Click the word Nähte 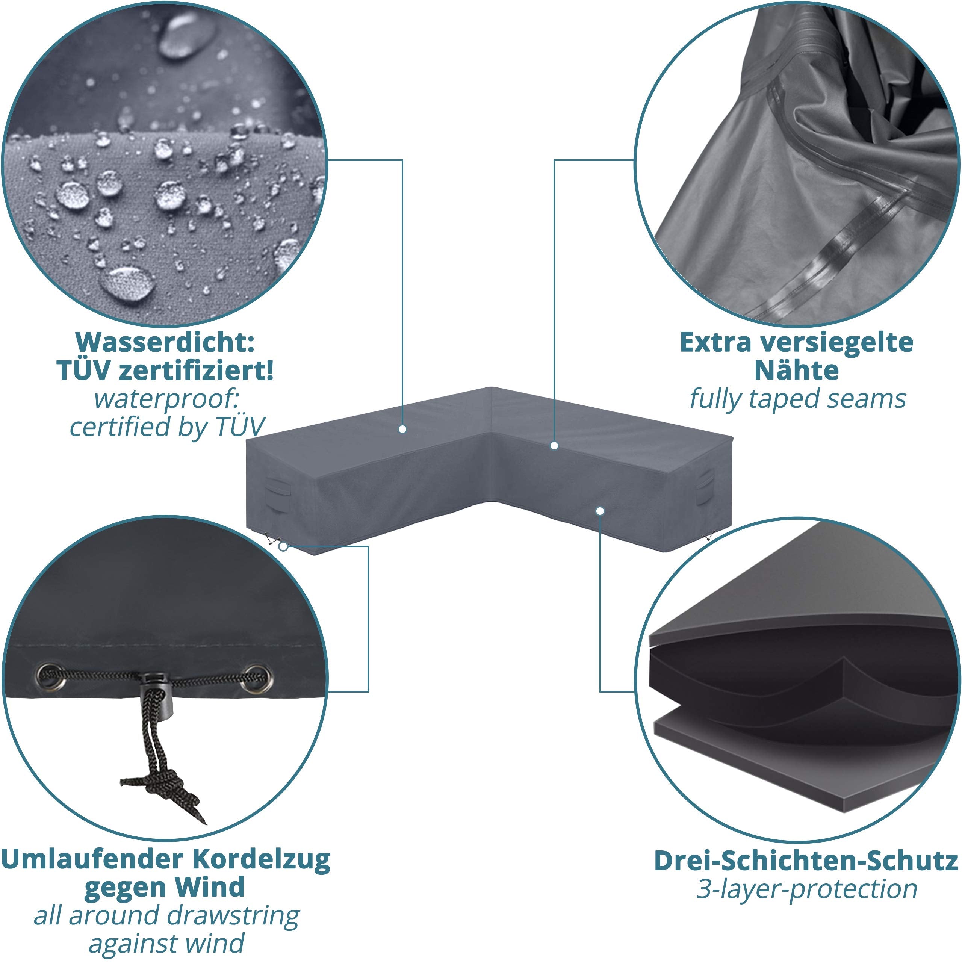pyautogui.click(x=796, y=371)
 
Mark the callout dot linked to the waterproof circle pyautogui.click(x=402, y=429)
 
